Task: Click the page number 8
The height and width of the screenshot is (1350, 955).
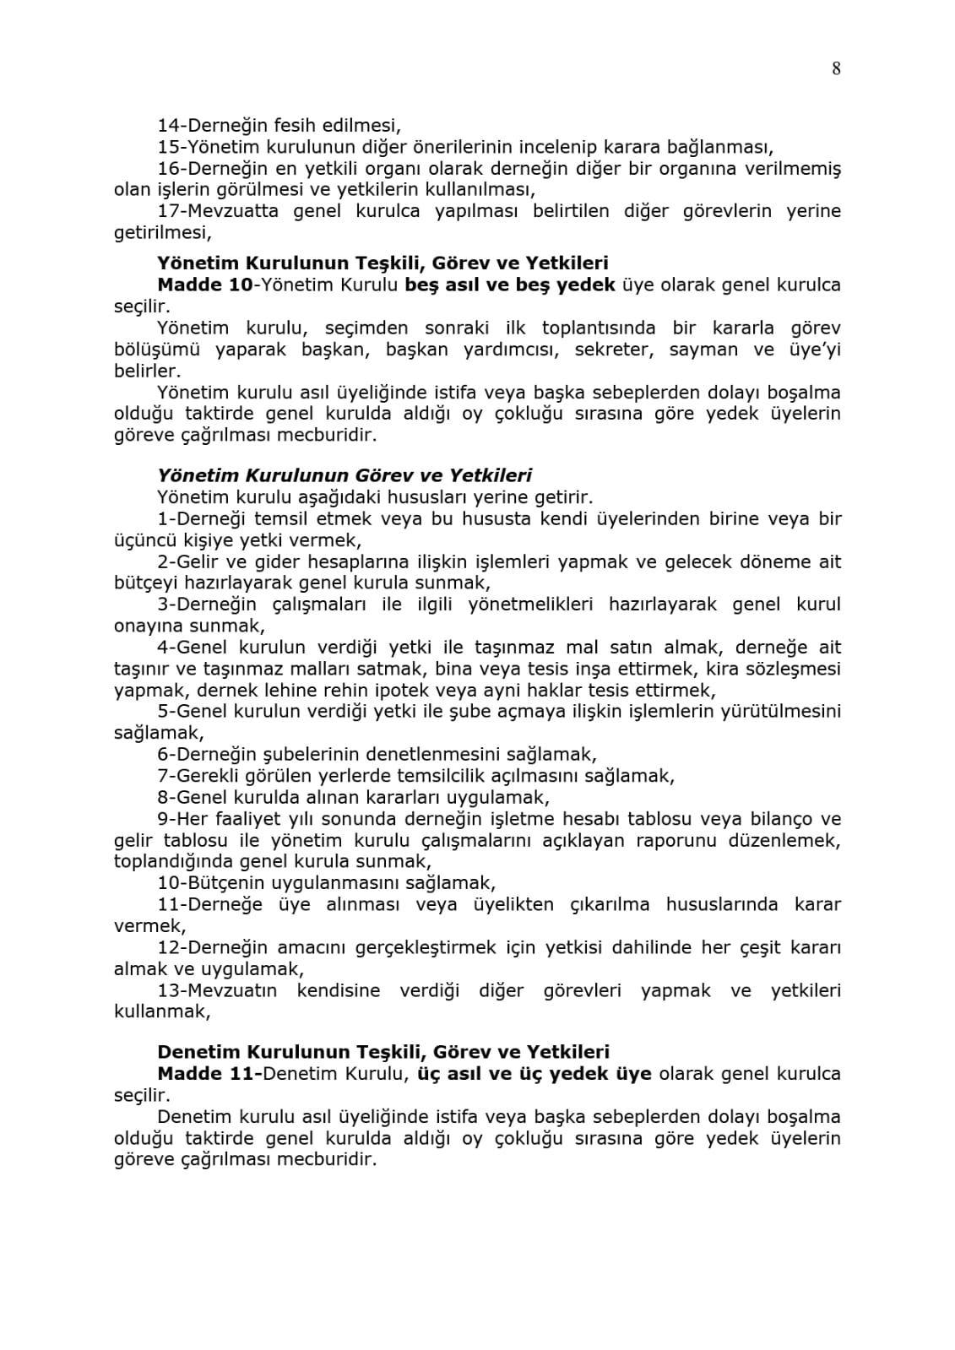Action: [x=836, y=69]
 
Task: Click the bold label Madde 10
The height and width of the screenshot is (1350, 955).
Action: [x=204, y=285]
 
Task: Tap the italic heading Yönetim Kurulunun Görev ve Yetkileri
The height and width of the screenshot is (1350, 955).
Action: [x=345, y=476]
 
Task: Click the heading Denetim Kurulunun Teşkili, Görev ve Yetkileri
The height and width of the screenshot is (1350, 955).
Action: [x=383, y=1052]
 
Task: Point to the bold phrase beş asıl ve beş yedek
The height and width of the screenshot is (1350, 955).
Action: [x=510, y=285]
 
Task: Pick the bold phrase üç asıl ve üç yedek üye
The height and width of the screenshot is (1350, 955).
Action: [x=534, y=1074]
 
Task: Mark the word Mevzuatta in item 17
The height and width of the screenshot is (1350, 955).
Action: [x=233, y=211]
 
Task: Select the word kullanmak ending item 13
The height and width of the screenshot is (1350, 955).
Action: [x=160, y=1011]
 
